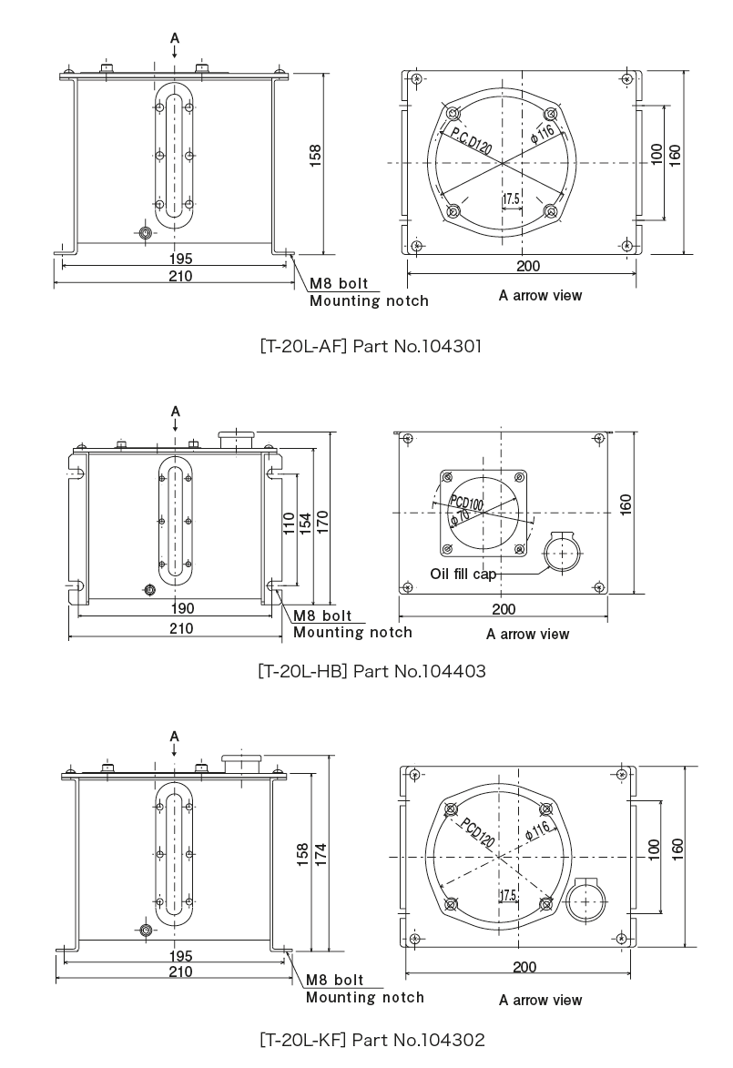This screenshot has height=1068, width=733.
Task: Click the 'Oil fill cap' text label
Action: click(x=468, y=575)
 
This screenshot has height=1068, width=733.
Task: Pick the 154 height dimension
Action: click(x=306, y=524)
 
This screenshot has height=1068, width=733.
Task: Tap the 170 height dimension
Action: click(x=323, y=524)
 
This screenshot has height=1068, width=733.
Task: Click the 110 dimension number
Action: click(x=289, y=524)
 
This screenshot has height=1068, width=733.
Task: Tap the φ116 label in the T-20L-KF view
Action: click(x=538, y=831)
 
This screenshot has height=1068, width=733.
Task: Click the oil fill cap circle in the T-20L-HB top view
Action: click(x=563, y=553)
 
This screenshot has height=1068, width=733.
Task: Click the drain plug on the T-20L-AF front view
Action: click(x=145, y=234)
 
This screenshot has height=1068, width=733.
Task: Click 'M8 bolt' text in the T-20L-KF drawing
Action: click(x=334, y=981)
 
